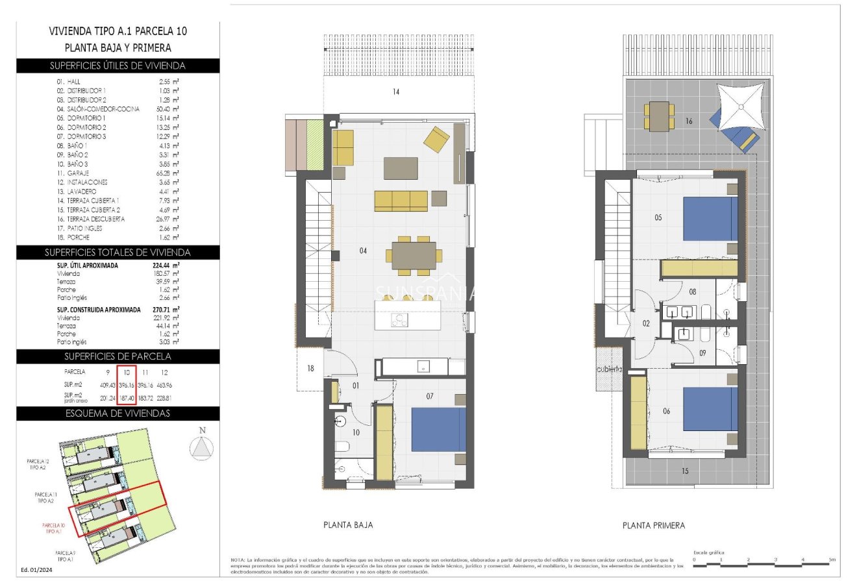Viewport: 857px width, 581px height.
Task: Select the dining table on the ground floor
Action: pos(414,256)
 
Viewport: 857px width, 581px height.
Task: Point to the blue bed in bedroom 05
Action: pos(710,219)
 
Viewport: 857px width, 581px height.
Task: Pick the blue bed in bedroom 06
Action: pos(710,410)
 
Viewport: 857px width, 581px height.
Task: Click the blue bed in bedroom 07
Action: pos(438,429)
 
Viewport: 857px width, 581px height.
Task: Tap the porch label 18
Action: pos(310,369)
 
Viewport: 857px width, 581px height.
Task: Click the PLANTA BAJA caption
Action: pos(348,525)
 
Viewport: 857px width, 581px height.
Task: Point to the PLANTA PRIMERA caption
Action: pos(653,525)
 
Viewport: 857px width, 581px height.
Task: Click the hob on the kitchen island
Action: pos(399,320)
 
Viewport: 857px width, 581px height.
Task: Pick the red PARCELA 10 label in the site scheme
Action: pos(53,528)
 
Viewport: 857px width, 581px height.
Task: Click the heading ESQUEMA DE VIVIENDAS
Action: pos(118,414)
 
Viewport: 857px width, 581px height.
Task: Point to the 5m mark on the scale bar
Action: pos(832,559)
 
